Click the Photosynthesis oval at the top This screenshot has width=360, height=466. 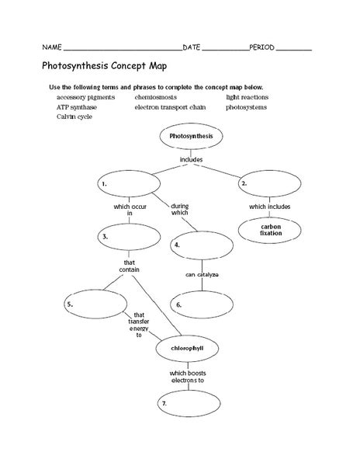[191, 136]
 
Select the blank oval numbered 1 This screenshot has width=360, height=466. [129, 183]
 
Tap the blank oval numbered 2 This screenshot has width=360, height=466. [269, 183]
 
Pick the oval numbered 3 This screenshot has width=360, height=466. [129, 237]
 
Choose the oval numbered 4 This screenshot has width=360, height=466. [202, 245]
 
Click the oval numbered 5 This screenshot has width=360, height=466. [95, 304]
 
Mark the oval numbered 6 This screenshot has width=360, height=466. [202, 304]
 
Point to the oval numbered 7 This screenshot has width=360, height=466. [189, 403]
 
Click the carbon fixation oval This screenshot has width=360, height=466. [269, 231]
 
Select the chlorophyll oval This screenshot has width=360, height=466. [187, 348]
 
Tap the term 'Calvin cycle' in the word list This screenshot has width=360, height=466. [74, 116]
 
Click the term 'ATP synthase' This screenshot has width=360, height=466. [77, 107]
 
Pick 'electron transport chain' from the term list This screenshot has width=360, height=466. [170, 107]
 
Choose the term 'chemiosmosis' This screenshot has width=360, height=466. [155, 97]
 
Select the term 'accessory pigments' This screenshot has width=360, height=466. [86, 98]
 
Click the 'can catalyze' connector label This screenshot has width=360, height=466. [202, 275]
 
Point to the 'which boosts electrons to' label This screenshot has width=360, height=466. [188, 377]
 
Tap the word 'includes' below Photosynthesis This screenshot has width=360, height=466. [191, 159]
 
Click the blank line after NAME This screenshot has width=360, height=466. [123, 50]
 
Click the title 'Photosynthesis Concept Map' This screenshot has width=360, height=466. [104, 66]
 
